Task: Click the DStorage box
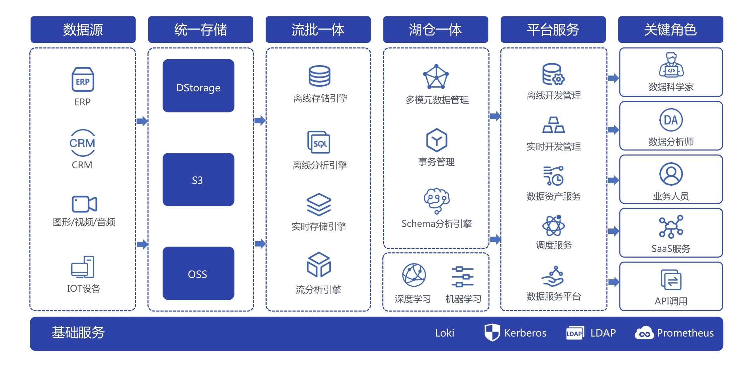tap(198, 86)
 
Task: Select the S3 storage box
tap(198, 179)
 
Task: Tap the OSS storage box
tap(198, 273)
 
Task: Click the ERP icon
tap(83, 80)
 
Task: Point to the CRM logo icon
tap(82, 143)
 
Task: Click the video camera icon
tap(84, 204)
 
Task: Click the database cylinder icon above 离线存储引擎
tap(319, 76)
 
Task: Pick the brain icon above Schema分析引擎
tap(437, 200)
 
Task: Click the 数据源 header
tap(83, 29)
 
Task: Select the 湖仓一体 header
tap(435, 29)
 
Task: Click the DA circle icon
tap(671, 120)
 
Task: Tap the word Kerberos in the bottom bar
tap(525, 333)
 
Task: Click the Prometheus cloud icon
tap(644, 333)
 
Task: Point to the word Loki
tap(445, 333)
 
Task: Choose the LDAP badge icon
tap(575, 333)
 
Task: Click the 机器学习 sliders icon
tap(462, 277)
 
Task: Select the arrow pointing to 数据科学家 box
tap(613, 78)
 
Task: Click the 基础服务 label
tap(78, 333)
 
